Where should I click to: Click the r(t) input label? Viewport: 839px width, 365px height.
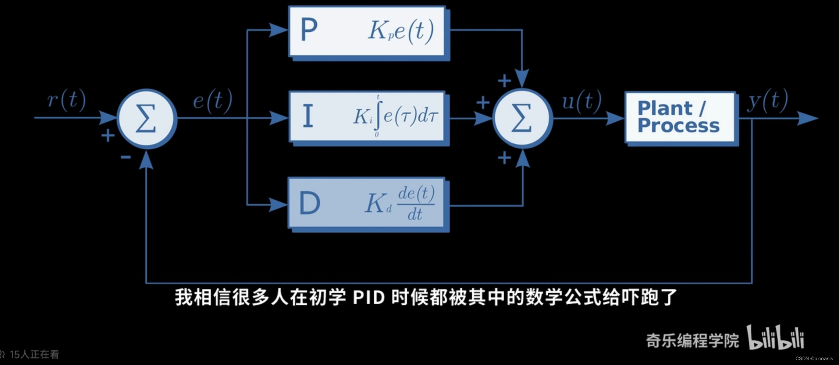click(x=67, y=100)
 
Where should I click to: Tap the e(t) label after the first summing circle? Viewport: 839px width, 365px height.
click(x=213, y=100)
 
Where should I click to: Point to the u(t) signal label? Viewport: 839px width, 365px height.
click(x=582, y=100)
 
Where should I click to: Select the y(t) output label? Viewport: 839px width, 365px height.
click(x=768, y=100)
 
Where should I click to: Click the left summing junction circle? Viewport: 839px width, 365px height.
click(x=147, y=118)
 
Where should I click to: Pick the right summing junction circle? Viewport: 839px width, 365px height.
click(x=522, y=118)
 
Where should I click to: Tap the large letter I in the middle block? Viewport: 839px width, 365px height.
click(x=308, y=116)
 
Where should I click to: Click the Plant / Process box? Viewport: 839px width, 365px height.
click(x=680, y=118)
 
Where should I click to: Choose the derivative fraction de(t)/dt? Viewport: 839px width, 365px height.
click(x=416, y=203)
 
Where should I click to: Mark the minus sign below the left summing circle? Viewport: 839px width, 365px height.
click(x=125, y=157)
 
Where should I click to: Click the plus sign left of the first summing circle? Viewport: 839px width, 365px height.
click(x=108, y=136)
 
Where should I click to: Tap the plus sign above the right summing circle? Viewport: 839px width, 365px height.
click(x=504, y=80)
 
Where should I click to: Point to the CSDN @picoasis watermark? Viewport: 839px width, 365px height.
click(x=814, y=358)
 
